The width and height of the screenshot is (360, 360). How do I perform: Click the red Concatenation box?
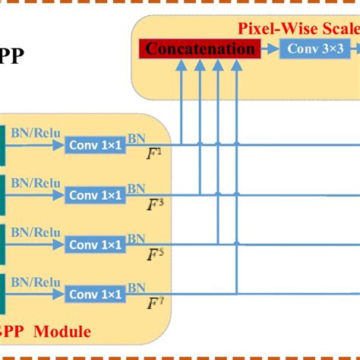[199, 50]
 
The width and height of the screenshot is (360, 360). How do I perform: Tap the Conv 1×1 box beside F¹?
[95, 145]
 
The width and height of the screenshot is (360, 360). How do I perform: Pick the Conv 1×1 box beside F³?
[95, 195]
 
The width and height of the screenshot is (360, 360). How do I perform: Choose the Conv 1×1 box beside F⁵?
[95, 245]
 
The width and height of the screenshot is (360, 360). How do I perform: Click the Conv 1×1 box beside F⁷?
[95, 294]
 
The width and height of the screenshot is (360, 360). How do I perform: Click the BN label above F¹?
[137, 139]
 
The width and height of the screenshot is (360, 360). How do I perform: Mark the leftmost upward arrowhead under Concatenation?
[182, 66]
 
